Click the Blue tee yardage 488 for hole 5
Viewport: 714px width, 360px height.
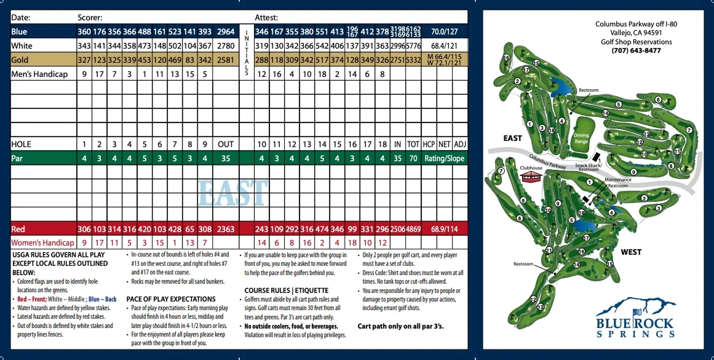(145, 31)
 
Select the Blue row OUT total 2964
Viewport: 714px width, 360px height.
(226, 31)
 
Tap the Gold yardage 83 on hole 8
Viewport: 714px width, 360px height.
(189, 60)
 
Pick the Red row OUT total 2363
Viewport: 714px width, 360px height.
(226, 229)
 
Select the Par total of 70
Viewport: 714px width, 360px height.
(413, 158)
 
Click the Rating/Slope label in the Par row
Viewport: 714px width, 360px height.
(445, 158)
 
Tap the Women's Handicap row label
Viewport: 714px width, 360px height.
(42, 243)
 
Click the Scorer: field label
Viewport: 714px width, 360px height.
(90, 18)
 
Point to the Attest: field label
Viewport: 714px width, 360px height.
(266, 18)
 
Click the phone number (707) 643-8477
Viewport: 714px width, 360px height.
(637, 50)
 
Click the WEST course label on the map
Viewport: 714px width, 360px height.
(631, 252)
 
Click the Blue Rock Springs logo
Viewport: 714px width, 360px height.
(635, 318)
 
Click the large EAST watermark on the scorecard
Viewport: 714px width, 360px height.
(233, 193)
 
